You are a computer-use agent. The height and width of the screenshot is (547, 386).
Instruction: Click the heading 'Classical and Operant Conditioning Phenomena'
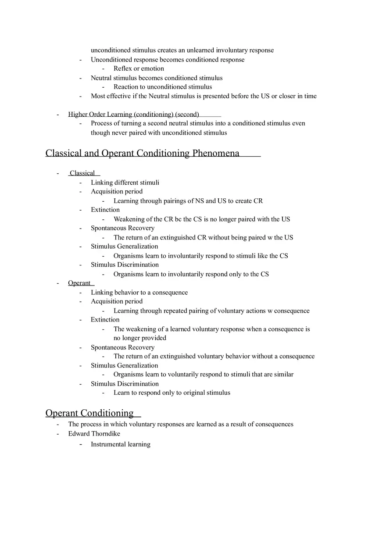143,153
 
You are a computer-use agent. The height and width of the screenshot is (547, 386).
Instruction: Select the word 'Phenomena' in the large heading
216,153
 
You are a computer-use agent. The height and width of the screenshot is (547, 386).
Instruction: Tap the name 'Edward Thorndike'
94,434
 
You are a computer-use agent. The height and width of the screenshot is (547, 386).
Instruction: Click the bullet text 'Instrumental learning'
121,444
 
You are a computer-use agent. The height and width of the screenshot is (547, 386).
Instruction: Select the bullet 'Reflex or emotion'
139,68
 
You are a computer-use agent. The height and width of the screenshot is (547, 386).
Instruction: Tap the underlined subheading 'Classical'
82,173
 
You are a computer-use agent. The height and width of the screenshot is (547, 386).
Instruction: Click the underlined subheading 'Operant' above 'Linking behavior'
79,283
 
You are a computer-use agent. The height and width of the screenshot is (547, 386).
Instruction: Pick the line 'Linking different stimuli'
125,182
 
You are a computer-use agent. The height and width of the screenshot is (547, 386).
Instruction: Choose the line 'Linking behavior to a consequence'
139,293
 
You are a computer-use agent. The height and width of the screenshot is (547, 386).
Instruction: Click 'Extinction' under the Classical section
105,210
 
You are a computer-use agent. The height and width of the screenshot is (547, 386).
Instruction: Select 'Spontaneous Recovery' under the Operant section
123,347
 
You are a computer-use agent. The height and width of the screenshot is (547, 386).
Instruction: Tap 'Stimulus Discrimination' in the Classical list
125,265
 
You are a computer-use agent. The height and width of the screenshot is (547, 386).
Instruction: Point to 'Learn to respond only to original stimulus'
172,393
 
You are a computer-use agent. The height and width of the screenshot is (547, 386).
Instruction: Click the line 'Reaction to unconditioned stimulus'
163,87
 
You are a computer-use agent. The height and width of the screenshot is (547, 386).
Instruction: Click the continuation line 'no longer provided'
140,338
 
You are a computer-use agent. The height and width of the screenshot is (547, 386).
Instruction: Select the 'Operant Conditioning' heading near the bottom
89,413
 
